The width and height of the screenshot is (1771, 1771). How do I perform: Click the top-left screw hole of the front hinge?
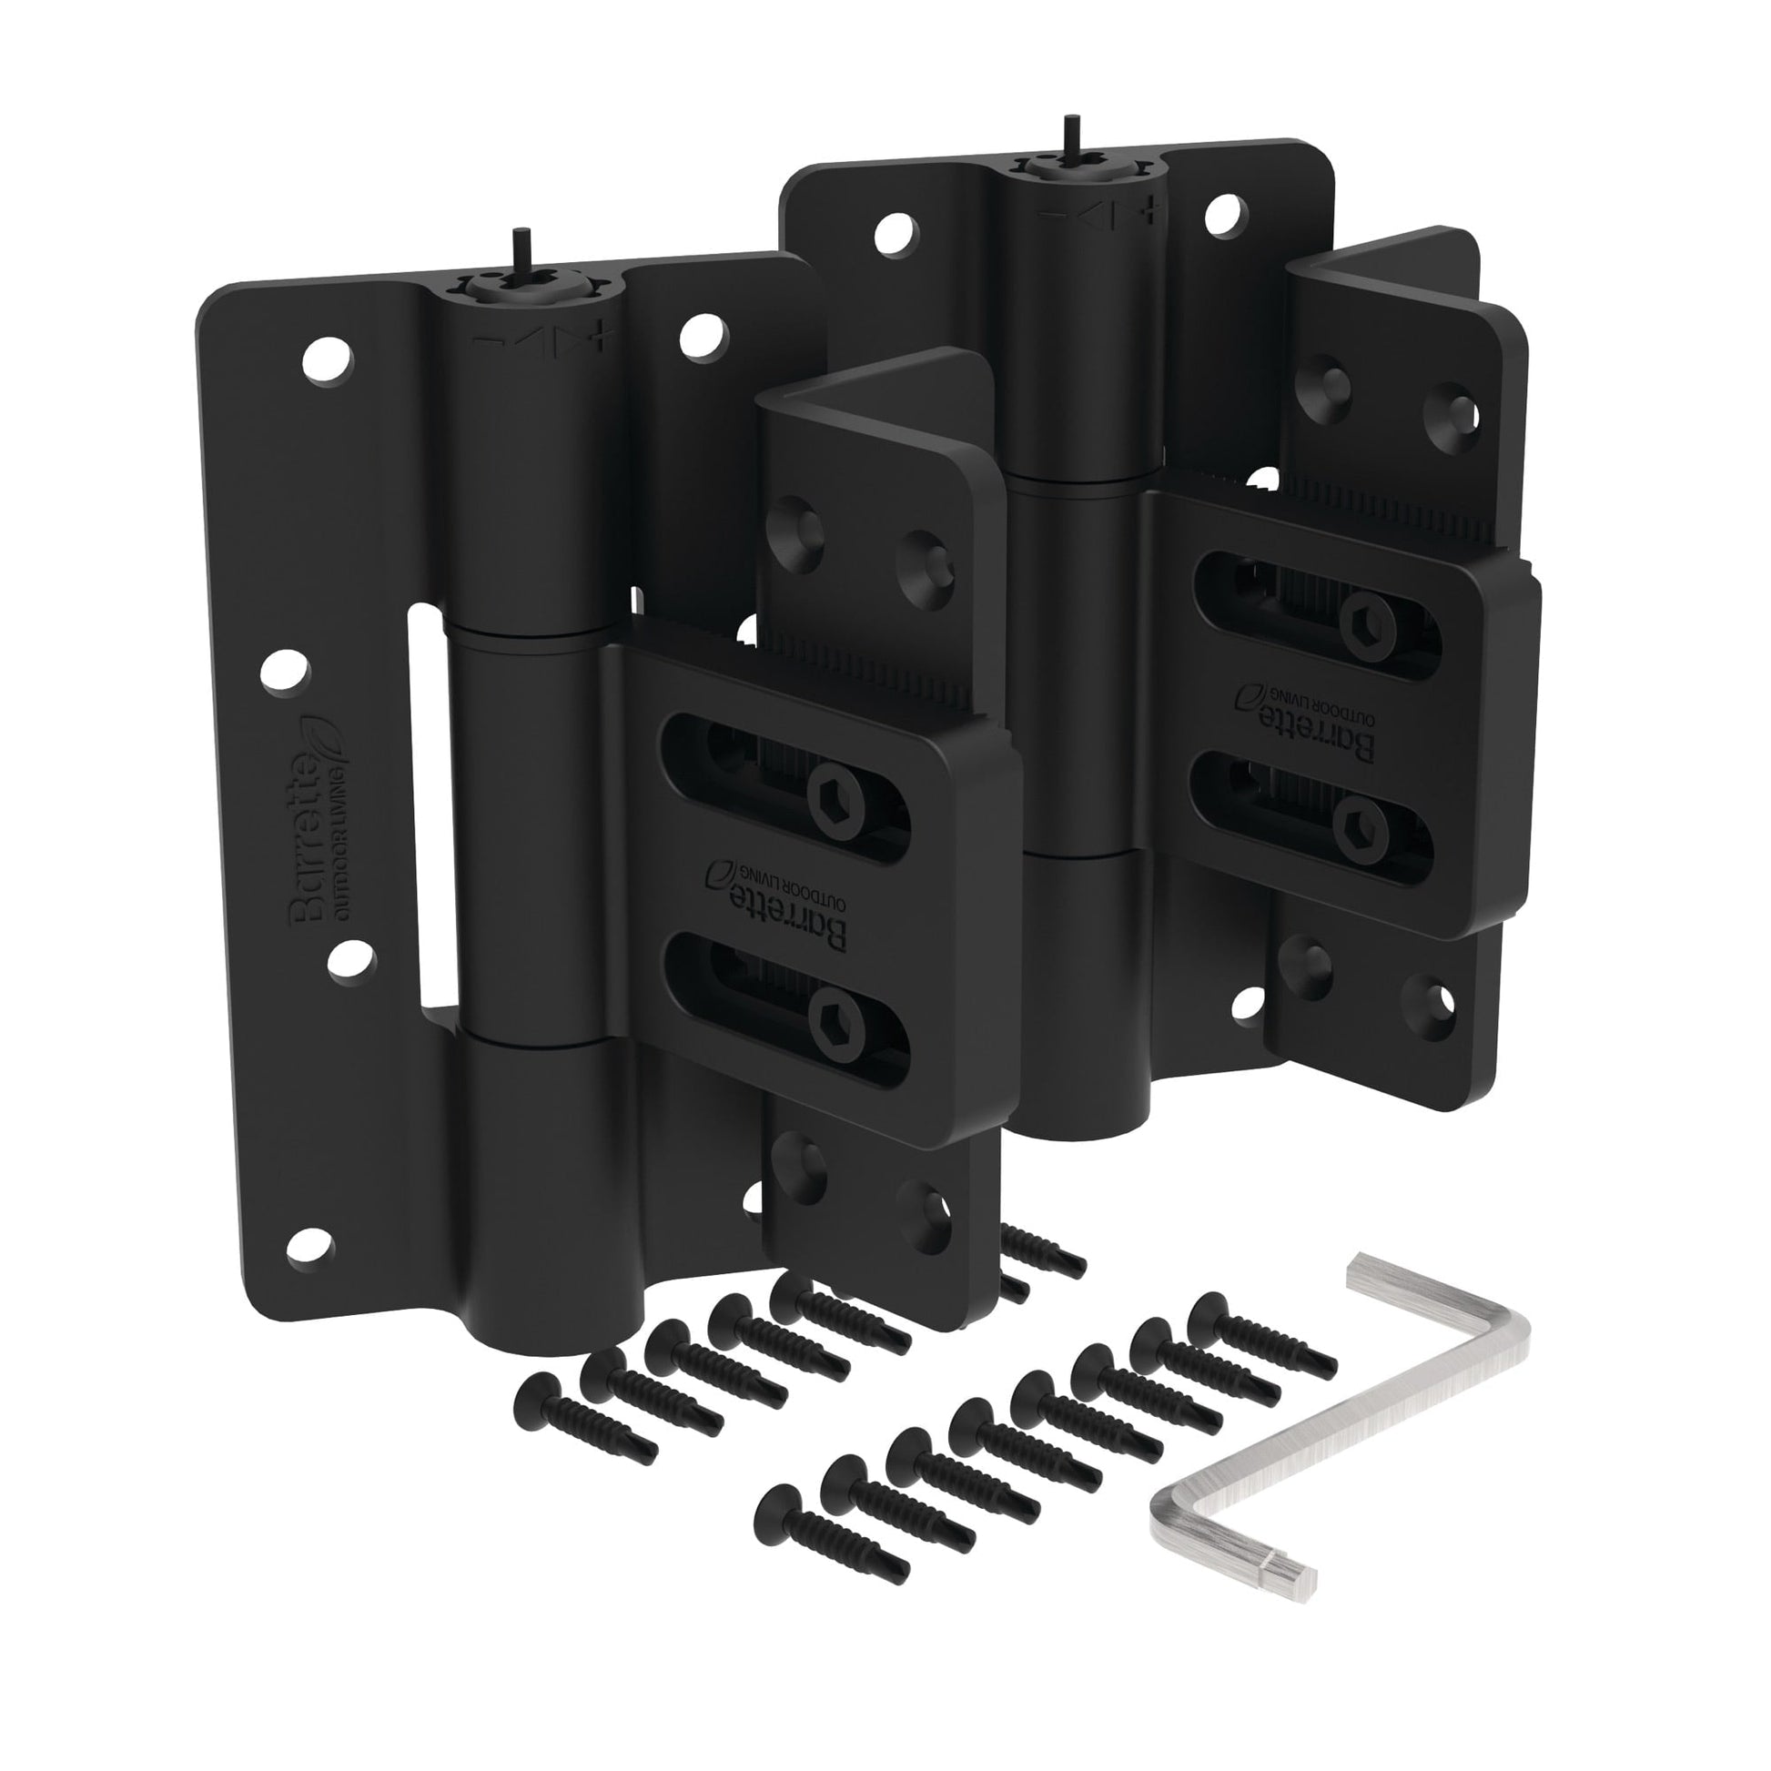[x=329, y=358]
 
